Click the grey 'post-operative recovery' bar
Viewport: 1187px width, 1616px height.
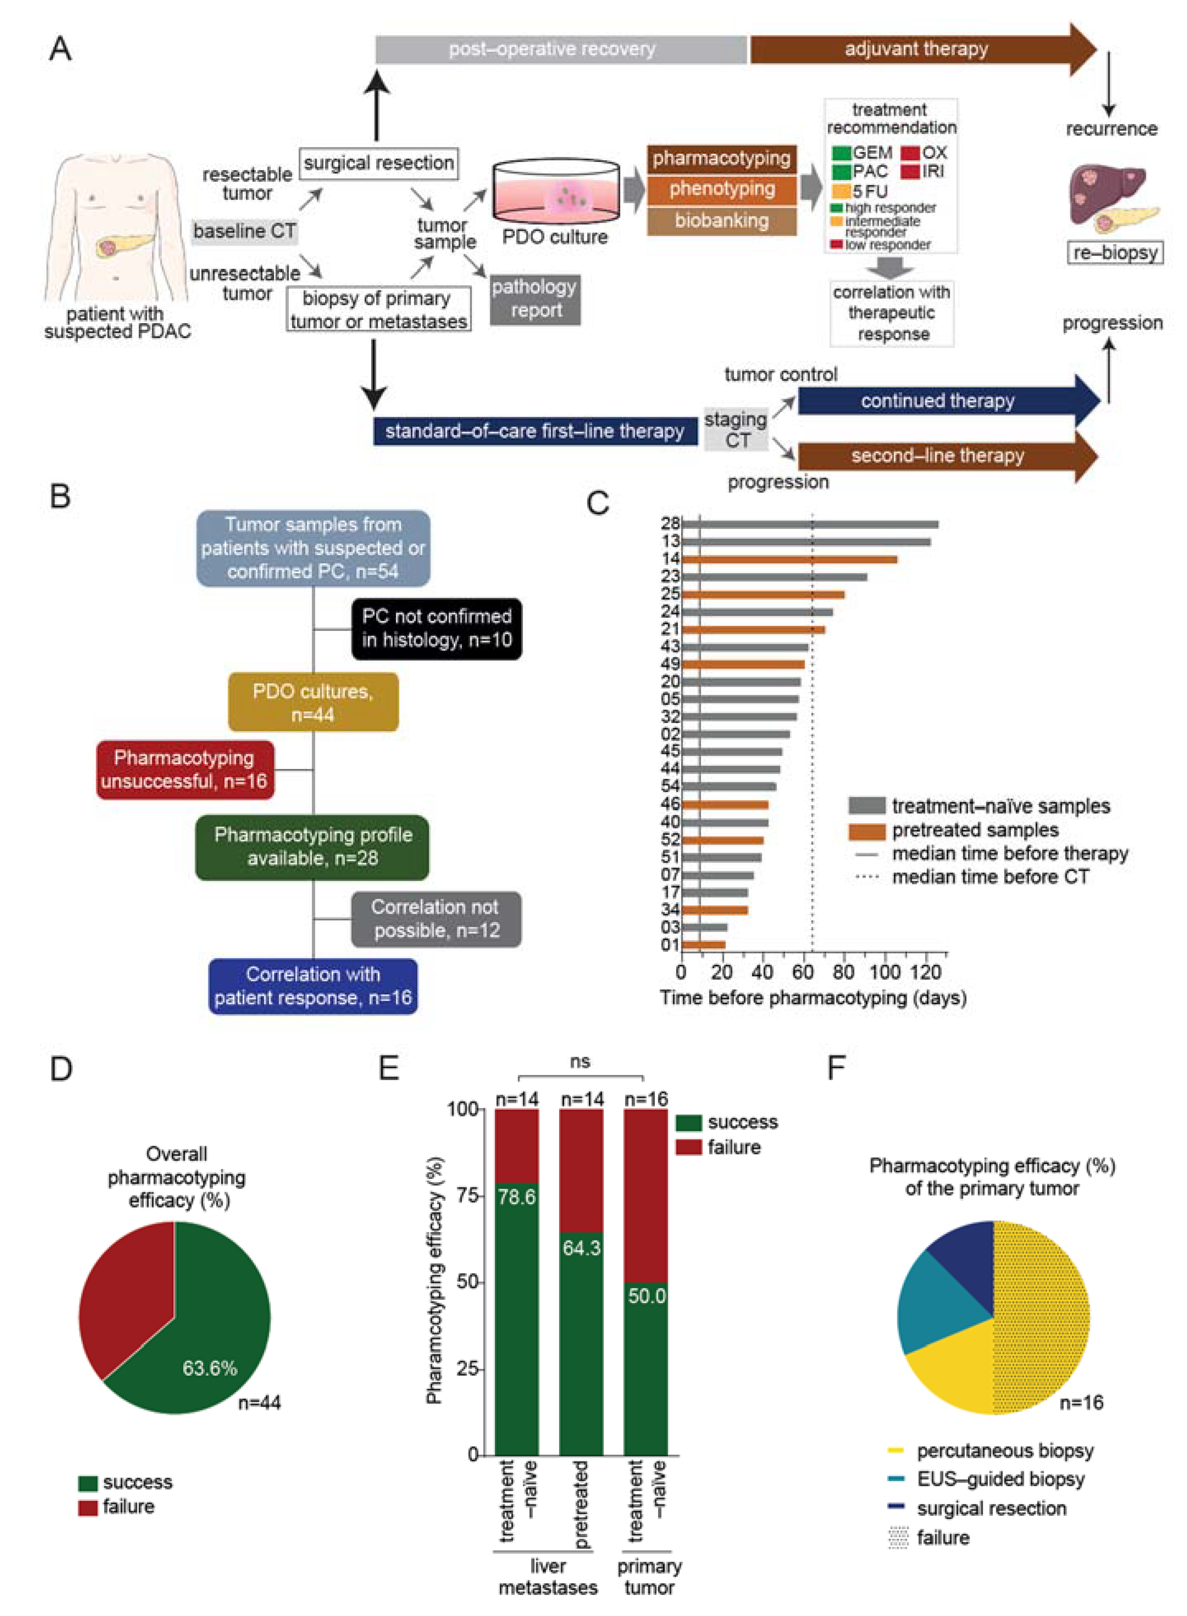560,49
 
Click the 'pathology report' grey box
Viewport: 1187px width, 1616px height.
535,299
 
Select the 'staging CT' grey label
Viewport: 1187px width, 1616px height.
736,430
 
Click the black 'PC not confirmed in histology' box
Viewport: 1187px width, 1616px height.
436,628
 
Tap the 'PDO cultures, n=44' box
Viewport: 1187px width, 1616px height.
313,702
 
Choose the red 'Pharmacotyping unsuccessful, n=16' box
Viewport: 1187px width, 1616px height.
185,769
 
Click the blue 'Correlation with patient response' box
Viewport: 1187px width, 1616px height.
313,986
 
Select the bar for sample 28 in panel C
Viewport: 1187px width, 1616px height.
809,525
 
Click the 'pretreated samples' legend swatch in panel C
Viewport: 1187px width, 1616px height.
866,830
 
